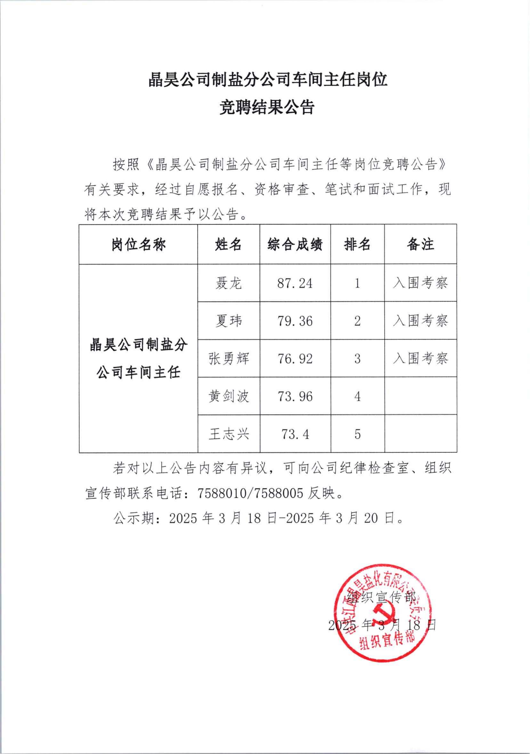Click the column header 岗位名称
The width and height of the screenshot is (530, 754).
point(138,245)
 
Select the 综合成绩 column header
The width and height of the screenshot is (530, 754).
point(295,245)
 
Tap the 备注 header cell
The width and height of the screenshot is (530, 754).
point(420,245)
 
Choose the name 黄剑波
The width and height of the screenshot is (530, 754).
point(229,397)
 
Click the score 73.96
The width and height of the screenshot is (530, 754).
point(295,397)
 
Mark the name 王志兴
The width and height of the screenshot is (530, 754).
point(229,434)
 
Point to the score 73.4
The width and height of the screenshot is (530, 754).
point(295,434)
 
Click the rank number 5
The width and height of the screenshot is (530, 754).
point(357,434)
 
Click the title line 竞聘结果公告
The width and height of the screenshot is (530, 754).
point(267,108)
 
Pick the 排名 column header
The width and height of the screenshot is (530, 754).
point(357,245)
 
